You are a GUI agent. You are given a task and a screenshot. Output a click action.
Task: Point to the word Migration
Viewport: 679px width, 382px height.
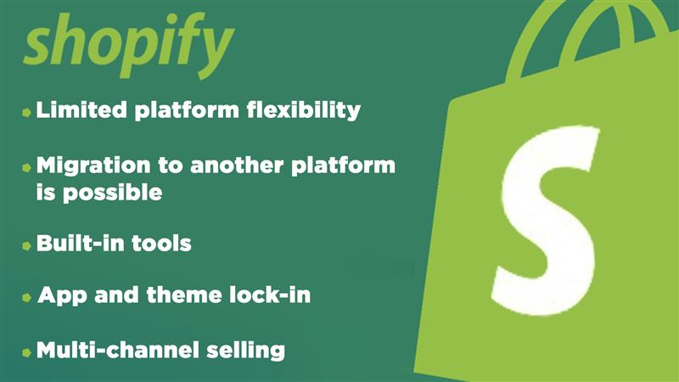click(94, 166)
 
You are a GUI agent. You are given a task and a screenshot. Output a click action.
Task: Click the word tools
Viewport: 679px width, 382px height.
click(166, 244)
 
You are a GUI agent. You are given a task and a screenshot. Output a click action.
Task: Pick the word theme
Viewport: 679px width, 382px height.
click(174, 296)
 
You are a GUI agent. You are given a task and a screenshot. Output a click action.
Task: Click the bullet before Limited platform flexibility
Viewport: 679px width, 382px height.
click(27, 111)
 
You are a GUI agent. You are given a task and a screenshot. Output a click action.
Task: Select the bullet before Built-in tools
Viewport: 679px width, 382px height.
click(27, 244)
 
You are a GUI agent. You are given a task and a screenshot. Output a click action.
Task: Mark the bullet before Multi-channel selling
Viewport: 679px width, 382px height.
click(27, 350)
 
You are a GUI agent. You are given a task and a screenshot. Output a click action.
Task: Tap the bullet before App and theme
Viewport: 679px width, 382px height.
click(27, 297)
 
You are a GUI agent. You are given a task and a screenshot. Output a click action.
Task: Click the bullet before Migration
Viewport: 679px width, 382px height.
click(27, 167)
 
